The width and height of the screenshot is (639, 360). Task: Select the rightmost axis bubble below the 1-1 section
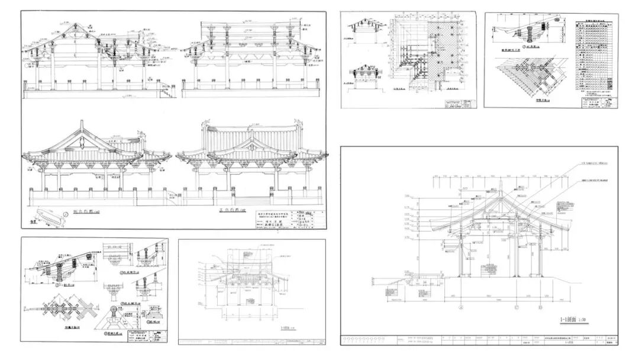point(540,307)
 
